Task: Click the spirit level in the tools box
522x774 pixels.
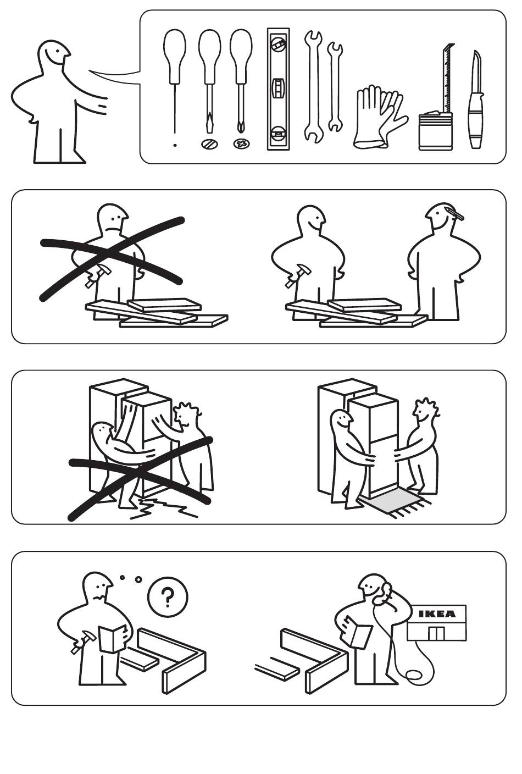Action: (x=279, y=89)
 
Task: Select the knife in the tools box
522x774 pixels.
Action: (x=476, y=99)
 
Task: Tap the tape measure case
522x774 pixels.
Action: (x=436, y=131)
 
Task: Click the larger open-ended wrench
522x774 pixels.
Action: (x=314, y=86)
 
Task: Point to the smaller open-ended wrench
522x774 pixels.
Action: (x=335, y=86)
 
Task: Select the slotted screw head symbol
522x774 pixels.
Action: (x=210, y=143)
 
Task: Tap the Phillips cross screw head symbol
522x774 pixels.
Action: (x=241, y=143)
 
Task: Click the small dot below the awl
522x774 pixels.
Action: (x=175, y=146)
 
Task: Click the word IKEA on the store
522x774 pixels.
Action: (x=437, y=614)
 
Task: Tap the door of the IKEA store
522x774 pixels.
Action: (x=436, y=633)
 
